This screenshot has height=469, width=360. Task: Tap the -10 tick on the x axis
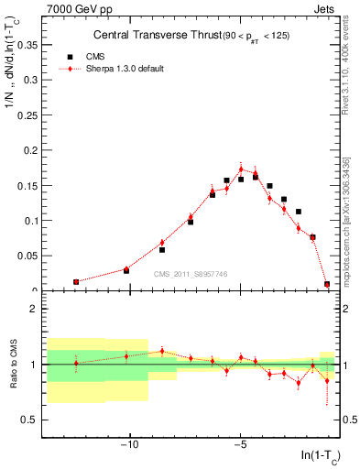tap(129, 446)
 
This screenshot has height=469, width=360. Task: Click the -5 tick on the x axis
tap(240, 446)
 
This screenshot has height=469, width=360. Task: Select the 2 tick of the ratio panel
tap(35, 309)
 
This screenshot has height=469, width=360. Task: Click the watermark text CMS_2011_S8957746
tap(190, 274)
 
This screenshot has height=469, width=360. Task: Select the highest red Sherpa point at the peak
tap(241, 169)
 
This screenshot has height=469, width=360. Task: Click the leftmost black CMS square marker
tap(76, 282)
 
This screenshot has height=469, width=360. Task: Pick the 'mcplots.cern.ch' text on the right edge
tap(352, 247)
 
